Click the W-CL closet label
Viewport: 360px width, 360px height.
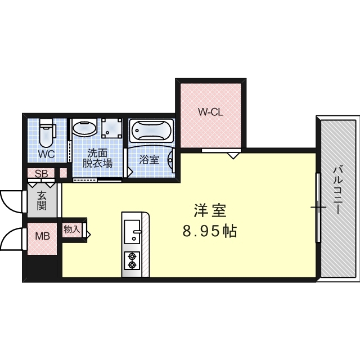[x=211, y=112]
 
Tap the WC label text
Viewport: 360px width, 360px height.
[x=46, y=154]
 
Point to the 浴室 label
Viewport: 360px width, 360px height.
[x=149, y=160]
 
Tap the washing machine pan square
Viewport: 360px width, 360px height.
[x=112, y=129]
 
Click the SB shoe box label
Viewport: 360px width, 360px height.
[x=41, y=173]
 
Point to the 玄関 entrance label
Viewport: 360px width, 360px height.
[x=42, y=200]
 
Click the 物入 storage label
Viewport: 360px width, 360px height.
[x=71, y=229]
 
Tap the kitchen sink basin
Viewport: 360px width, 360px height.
[x=133, y=232]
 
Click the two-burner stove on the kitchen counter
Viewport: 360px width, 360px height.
[x=133, y=260]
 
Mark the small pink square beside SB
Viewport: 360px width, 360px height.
[x=63, y=173]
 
